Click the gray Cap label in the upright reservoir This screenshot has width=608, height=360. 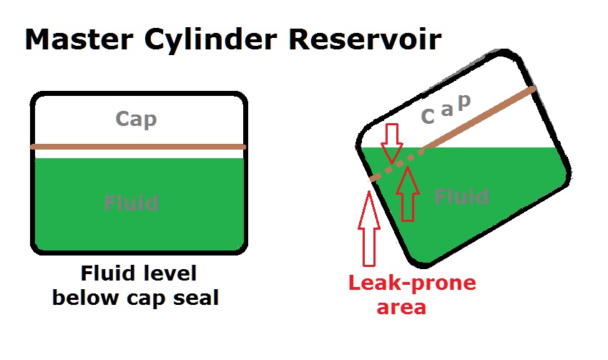(136, 119)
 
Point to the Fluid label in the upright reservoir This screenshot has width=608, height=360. (132, 203)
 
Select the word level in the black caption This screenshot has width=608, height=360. (170, 274)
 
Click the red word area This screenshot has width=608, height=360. (401, 307)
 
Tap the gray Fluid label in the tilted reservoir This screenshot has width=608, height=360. (462, 196)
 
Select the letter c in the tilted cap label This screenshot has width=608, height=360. (428, 115)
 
